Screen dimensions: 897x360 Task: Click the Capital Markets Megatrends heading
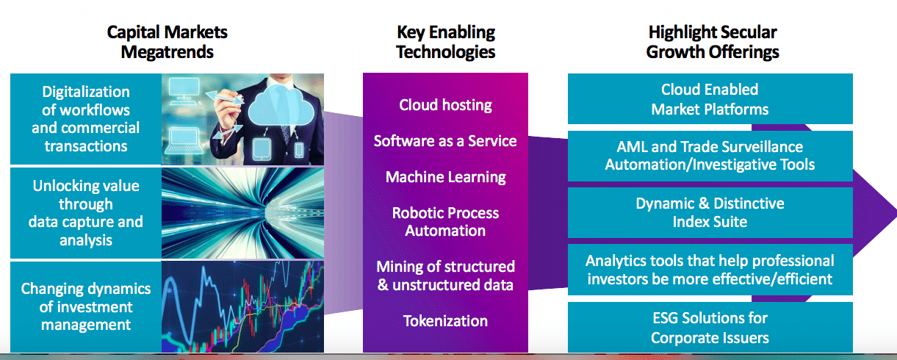[167, 42]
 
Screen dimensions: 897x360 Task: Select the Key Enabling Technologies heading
[446, 42]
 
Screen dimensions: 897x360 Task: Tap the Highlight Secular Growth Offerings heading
[713, 42]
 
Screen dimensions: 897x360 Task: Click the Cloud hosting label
[445, 105]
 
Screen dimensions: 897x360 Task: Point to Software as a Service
[445, 141]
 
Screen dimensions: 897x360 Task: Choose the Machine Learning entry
[445, 177]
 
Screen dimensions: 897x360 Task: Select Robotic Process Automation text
[445, 221]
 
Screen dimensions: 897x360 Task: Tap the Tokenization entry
[445, 321]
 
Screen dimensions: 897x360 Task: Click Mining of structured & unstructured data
[445, 276]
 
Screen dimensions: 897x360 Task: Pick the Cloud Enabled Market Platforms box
[710, 99]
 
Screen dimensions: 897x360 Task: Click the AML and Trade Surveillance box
[710, 156]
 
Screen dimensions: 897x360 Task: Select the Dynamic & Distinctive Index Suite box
[710, 212]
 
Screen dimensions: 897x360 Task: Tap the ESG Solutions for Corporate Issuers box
[710, 328]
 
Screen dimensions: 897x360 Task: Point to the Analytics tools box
[710, 270]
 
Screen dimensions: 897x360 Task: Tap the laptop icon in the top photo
[184, 140]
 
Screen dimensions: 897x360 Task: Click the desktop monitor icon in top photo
[184, 91]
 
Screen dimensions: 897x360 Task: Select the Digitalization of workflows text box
[86, 119]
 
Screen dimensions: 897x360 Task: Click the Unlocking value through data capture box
[86, 213]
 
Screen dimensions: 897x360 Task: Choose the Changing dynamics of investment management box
[86, 307]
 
